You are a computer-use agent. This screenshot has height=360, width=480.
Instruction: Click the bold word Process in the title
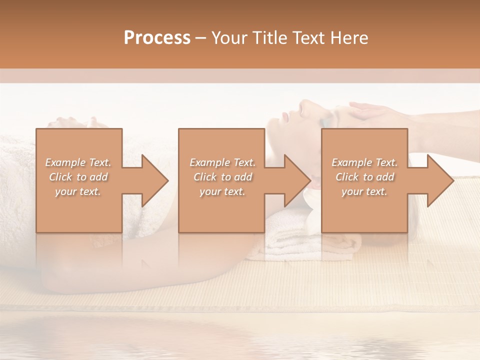pyautogui.click(x=157, y=38)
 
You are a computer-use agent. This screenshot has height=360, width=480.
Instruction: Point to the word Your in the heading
pyautogui.click(x=230, y=38)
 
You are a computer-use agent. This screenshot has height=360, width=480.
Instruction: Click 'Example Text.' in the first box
pyautogui.click(x=78, y=162)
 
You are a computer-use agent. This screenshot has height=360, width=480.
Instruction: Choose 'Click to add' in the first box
pyautogui.click(x=78, y=177)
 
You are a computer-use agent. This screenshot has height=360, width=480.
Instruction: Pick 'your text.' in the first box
pyautogui.click(x=78, y=191)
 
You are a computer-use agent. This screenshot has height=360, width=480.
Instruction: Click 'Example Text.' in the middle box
pyautogui.click(x=222, y=162)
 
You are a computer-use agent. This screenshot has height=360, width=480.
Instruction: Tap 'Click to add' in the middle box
pyautogui.click(x=222, y=177)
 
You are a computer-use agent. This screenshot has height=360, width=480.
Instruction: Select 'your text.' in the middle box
pyautogui.click(x=222, y=191)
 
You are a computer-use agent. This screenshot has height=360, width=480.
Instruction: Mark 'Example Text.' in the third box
pyautogui.click(x=364, y=162)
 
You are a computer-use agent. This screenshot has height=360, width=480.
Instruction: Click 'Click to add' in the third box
pyautogui.click(x=364, y=177)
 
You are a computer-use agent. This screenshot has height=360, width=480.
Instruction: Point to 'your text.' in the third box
pyautogui.click(x=364, y=191)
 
